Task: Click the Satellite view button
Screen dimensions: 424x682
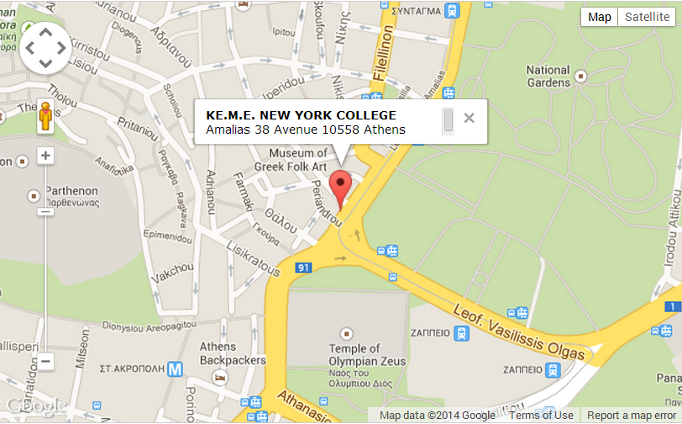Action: pyautogui.click(x=647, y=18)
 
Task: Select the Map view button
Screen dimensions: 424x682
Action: pyautogui.click(x=600, y=18)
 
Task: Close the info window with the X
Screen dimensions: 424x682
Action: pyautogui.click(x=470, y=118)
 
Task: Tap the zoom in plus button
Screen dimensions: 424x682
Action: pyautogui.click(x=46, y=156)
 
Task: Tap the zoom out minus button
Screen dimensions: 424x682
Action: pyautogui.click(x=46, y=362)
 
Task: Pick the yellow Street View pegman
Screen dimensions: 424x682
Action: pyautogui.click(x=45, y=117)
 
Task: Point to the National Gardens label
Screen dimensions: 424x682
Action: pyautogui.click(x=548, y=77)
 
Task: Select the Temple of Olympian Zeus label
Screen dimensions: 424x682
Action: pyautogui.click(x=366, y=355)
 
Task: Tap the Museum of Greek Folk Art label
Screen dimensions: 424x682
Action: pyautogui.click(x=298, y=159)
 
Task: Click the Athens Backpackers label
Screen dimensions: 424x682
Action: pyautogui.click(x=218, y=353)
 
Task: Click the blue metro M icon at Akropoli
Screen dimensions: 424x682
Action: pyautogui.click(x=175, y=368)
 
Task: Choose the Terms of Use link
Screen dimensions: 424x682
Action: pyautogui.click(x=541, y=416)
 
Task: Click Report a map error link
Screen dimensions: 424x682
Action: pyautogui.click(x=631, y=416)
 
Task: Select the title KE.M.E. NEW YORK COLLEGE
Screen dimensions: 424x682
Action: pyautogui.click(x=301, y=115)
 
